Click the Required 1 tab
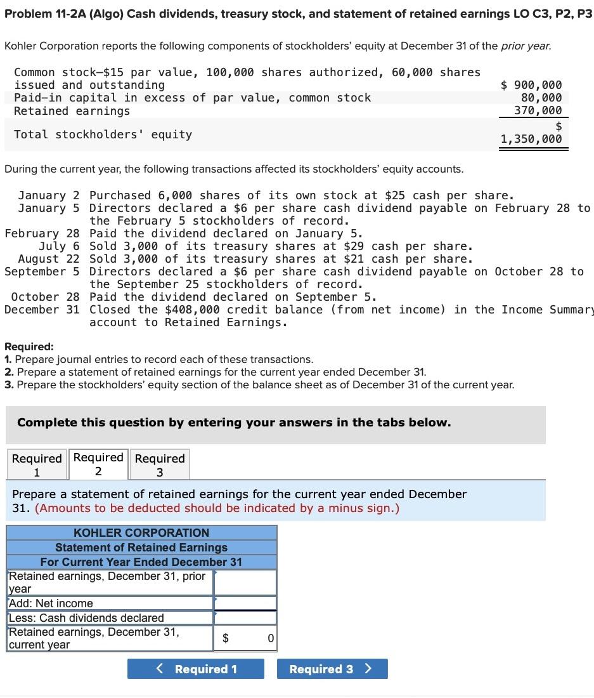(x=37, y=464)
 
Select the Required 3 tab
(x=160, y=464)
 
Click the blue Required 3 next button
(x=332, y=669)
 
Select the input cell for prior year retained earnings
(x=245, y=582)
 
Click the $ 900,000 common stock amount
(x=531, y=85)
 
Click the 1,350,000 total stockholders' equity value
(x=531, y=139)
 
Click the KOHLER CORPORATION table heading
(x=141, y=533)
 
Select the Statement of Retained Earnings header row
(x=141, y=547)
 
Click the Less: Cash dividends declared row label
(x=86, y=617)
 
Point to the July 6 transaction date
(x=59, y=246)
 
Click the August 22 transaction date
(x=49, y=259)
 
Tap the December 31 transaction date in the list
(x=42, y=310)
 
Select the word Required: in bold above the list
(x=29, y=346)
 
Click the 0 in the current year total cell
(x=270, y=638)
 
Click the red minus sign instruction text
(x=217, y=508)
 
